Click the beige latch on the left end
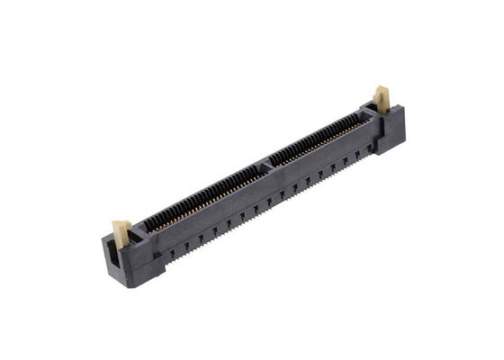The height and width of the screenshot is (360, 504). (121, 230)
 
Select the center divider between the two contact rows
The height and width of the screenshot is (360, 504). (265, 165)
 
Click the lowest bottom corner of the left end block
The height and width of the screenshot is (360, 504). (135, 286)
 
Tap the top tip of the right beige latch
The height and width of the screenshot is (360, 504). (381, 87)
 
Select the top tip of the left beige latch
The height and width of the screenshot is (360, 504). (118, 221)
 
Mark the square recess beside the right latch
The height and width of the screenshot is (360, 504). (368, 112)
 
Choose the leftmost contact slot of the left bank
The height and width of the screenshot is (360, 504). (149, 225)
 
